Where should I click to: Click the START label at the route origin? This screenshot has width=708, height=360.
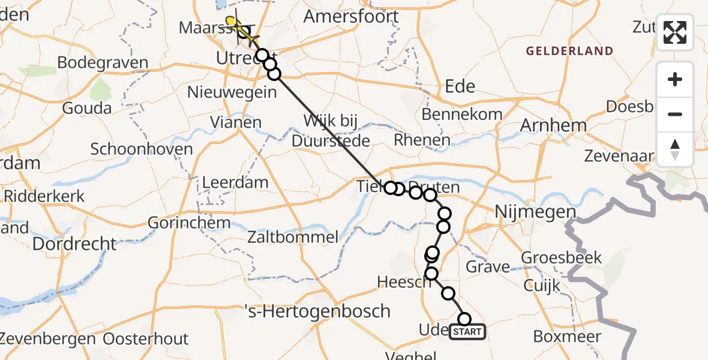pos(467,332)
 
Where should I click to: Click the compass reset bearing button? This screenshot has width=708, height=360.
pos(675,149)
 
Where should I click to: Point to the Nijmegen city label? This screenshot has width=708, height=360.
pos(527,212)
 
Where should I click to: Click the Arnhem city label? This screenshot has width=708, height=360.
pos(553,125)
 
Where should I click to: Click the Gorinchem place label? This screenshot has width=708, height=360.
pos(190,223)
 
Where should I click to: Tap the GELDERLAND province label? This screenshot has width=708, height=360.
pos(570,51)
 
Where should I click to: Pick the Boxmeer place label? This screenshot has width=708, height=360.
pos(566,337)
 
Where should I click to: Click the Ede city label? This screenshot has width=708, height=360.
pos(460,86)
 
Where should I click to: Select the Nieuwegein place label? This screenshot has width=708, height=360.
pos(232,92)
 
